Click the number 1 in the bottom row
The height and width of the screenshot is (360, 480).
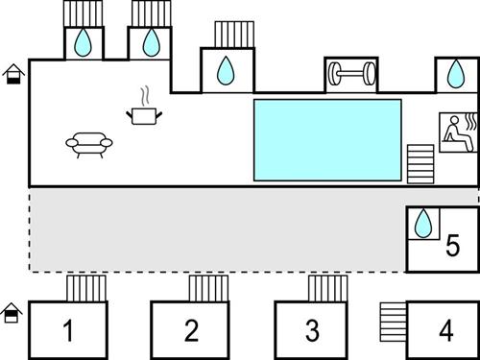tap(68, 331)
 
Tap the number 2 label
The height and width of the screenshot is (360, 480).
tap(191, 331)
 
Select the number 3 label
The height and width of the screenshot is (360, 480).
tap(312, 331)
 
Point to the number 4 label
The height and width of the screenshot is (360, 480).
tap(445, 331)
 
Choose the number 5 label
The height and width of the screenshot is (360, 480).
tap(452, 248)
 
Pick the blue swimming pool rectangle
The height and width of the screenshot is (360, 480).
tap(326, 139)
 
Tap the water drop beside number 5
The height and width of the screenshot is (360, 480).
tap(421, 225)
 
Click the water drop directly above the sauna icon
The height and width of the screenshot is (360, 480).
tap(456, 74)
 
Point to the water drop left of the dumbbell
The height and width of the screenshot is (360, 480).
tap(226, 70)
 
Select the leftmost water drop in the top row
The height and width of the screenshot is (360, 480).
tap(84, 42)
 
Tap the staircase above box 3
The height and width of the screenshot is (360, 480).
tap(327, 289)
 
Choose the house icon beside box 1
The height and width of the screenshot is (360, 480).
tap(12, 312)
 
